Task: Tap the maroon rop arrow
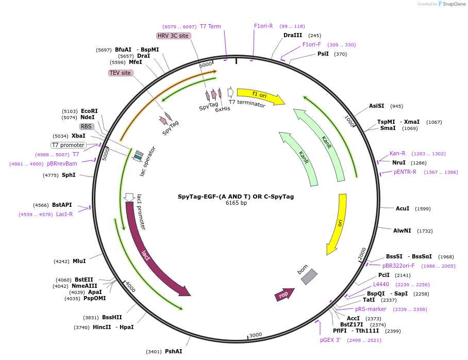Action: coord(284,294)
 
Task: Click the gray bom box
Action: coord(309,276)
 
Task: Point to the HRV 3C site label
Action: coord(173,36)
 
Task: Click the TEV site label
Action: coord(120,73)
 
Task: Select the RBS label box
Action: coord(87,126)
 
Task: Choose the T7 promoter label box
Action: coord(69,145)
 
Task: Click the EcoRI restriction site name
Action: coord(89,111)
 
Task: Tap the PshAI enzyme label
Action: coord(173,351)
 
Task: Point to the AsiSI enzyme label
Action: coord(377,106)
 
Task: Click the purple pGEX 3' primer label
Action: coord(330,340)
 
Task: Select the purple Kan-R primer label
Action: coord(397,153)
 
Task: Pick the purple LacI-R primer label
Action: coord(64,214)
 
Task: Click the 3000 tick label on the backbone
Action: coord(256,335)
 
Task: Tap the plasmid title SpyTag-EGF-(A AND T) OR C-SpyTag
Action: coord(236,197)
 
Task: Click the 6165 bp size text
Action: coord(236,203)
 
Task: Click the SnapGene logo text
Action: coord(454,4)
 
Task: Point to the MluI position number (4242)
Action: coord(61,261)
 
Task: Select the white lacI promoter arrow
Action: coord(129,197)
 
